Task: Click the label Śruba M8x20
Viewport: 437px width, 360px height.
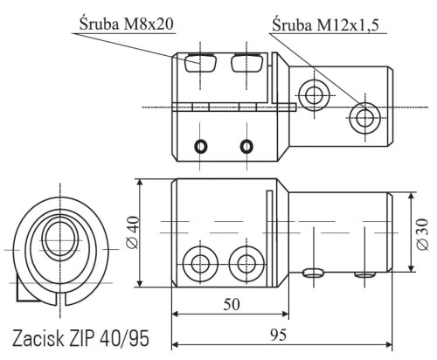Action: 127,24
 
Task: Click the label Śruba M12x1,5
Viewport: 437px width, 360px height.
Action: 325,24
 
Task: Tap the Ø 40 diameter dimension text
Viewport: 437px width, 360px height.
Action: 133,232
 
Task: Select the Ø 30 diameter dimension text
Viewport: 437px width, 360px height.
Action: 422,234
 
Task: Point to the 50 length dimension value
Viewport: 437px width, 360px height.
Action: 232,305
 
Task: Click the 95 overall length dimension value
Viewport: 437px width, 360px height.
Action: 278,335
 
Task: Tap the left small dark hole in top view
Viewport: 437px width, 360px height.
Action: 201,146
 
